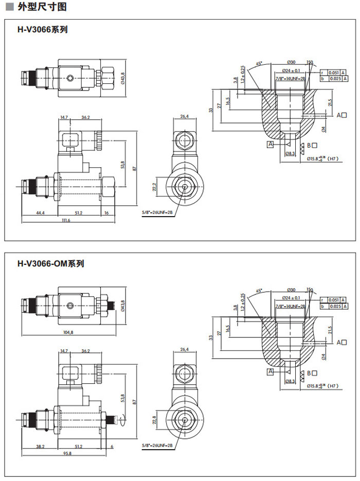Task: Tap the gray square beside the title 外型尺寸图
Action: tap(9, 7)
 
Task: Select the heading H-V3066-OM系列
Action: tap(50, 264)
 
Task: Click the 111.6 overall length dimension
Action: tap(65, 220)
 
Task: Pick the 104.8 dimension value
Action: tap(67, 332)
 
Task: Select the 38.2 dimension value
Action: tap(40, 446)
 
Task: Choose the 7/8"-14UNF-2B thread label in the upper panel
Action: tap(290, 78)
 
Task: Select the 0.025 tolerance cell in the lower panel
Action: tap(334, 307)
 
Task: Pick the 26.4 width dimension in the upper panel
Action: tap(184, 117)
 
